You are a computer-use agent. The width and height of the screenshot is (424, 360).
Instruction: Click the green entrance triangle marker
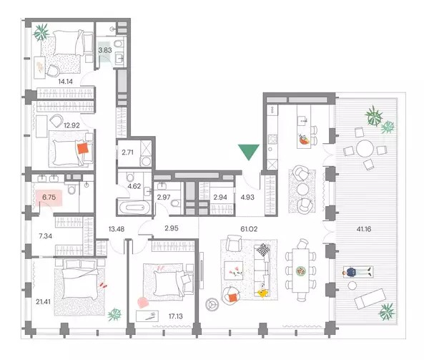click(x=249, y=150)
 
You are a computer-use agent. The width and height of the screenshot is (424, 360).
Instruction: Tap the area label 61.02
click(x=249, y=229)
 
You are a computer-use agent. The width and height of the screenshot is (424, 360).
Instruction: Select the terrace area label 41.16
click(x=364, y=229)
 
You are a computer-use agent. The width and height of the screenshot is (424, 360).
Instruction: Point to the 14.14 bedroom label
click(x=65, y=81)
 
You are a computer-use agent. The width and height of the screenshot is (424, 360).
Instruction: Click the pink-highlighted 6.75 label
click(x=49, y=197)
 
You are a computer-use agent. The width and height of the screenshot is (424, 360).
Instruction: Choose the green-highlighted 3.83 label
click(x=105, y=50)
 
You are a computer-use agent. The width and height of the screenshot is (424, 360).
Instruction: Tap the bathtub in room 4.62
click(x=135, y=208)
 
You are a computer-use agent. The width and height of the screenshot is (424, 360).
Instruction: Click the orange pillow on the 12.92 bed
click(x=83, y=149)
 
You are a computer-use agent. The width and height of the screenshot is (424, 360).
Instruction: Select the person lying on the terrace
click(x=358, y=272)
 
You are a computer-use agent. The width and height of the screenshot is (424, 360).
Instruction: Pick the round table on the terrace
click(x=365, y=148)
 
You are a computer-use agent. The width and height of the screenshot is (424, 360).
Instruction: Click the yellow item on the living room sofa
click(x=262, y=292)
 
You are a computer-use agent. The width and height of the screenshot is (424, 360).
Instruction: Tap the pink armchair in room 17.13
click(x=143, y=302)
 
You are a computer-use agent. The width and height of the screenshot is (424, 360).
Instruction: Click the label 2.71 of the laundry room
click(x=127, y=152)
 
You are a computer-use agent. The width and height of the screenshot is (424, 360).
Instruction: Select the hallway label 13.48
click(x=117, y=229)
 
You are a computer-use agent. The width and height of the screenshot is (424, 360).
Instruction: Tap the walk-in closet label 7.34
click(x=46, y=236)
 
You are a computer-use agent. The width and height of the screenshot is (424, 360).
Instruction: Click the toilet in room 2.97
click(x=175, y=203)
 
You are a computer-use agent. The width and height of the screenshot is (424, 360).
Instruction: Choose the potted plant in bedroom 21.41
click(x=114, y=314)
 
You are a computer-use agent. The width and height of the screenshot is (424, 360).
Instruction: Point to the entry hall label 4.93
click(x=247, y=197)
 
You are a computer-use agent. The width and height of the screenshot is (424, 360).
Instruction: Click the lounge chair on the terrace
click(x=370, y=299)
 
